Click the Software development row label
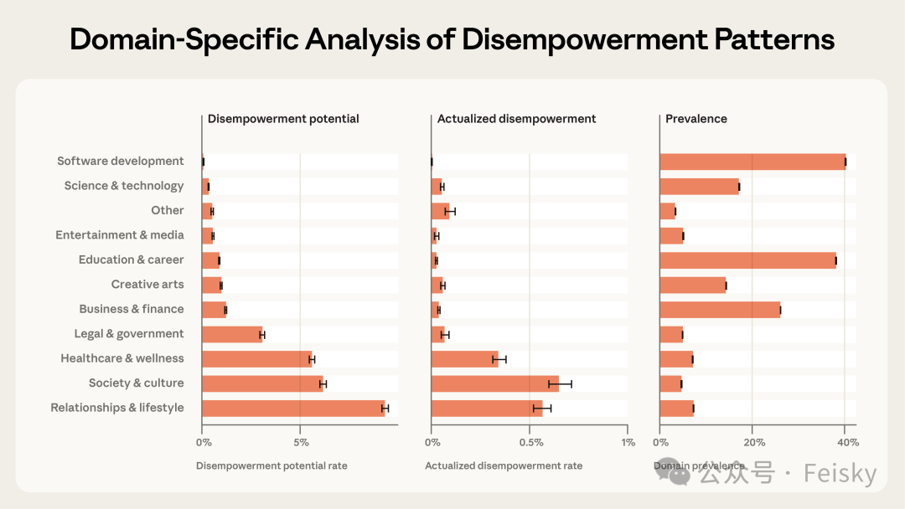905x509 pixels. click(120, 161)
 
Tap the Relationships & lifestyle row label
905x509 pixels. click(117, 408)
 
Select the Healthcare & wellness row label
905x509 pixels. click(122, 358)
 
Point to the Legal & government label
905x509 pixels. click(128, 333)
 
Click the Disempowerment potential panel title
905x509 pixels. click(283, 119)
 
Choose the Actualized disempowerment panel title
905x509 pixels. click(516, 119)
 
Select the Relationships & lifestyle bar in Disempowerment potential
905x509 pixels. click(293, 409)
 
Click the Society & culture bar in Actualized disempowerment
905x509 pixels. click(494, 383)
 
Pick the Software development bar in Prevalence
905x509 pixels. click(752, 162)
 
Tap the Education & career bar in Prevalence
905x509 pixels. click(747, 260)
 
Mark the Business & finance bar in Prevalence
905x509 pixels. click(720, 310)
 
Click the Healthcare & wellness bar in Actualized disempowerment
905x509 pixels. click(464, 359)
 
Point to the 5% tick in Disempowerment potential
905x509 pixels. click(300, 442)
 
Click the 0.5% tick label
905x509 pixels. click(530, 442)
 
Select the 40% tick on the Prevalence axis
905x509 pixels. click(846, 442)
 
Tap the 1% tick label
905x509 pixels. click(627, 442)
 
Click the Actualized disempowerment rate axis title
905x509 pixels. click(504, 465)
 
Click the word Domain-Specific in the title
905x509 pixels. click(185, 39)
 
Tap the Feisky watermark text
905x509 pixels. click(840, 474)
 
